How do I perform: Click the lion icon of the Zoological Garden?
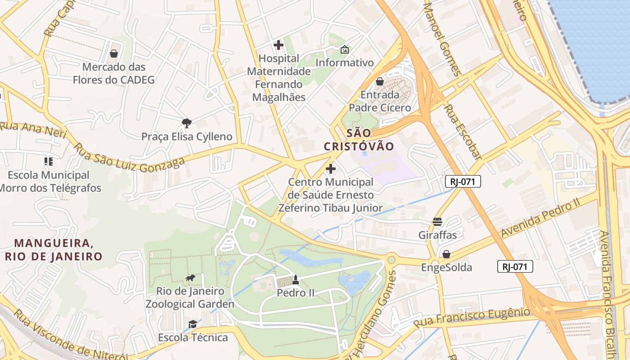[x=190, y=278]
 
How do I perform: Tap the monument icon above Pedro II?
[x=295, y=280]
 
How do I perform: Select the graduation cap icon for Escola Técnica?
[x=193, y=324]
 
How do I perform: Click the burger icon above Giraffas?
[x=437, y=222]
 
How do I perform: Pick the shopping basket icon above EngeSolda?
[x=446, y=254]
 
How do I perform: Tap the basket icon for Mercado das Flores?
[x=114, y=54]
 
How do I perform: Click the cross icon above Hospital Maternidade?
[x=279, y=45]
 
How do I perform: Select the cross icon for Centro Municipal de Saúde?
[x=331, y=169]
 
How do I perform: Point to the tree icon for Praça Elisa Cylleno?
[x=186, y=123]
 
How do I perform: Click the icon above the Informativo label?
[x=345, y=49]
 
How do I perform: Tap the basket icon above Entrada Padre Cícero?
[x=380, y=81]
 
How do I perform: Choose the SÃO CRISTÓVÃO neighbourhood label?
[x=359, y=139]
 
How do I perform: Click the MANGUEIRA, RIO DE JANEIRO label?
[x=53, y=250]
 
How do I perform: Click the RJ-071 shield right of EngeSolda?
[x=515, y=266]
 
